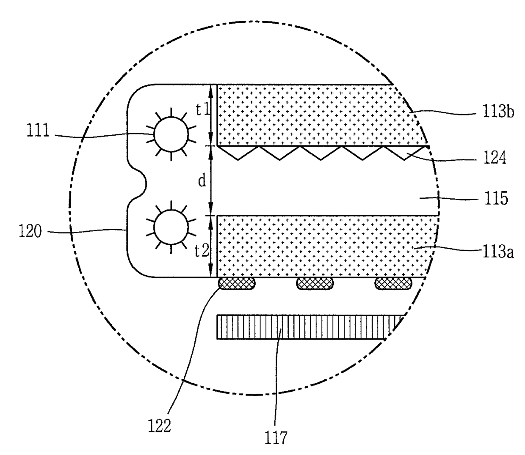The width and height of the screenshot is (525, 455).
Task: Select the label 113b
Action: click(x=498, y=113)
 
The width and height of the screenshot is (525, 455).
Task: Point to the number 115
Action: click(x=495, y=198)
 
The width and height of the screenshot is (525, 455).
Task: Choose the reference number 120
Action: click(x=30, y=231)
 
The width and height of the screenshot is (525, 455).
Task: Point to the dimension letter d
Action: click(x=202, y=181)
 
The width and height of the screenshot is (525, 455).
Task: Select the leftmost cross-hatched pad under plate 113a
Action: click(x=237, y=283)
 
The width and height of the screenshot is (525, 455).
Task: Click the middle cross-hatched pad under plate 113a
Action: click(x=315, y=283)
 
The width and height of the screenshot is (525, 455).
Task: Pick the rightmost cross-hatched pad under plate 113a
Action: click(x=393, y=283)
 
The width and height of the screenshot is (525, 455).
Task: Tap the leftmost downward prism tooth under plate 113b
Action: click(x=238, y=154)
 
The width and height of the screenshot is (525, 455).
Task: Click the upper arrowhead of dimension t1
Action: click(x=211, y=87)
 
